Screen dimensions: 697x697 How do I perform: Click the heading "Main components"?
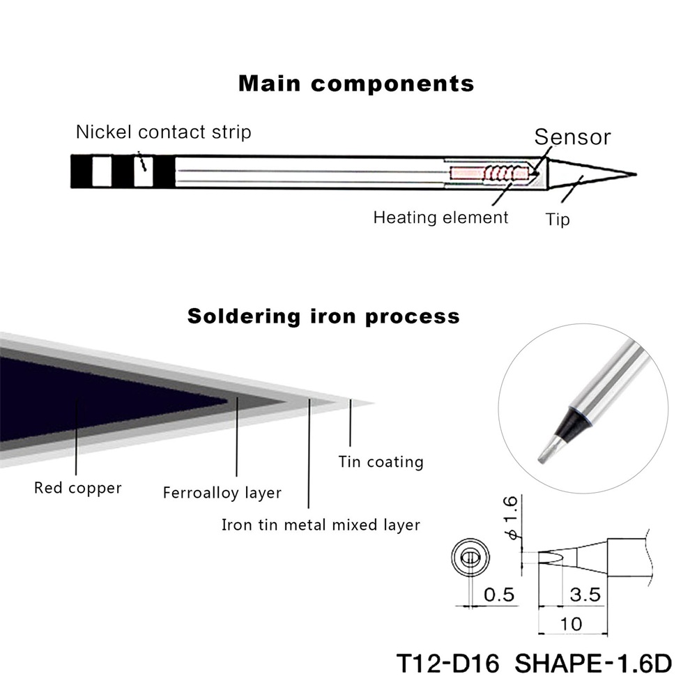(356, 84)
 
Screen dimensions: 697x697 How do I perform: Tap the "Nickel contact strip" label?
(163, 132)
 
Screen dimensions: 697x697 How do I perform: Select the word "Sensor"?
(572, 137)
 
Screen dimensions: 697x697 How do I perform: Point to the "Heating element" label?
(441, 217)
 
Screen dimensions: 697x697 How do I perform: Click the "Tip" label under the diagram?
(558, 220)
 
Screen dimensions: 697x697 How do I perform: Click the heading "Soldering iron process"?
(323, 316)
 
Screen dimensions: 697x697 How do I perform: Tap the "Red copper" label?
(77, 488)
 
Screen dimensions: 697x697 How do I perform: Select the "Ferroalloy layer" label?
(222, 493)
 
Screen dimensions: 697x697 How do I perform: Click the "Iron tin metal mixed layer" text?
(321, 525)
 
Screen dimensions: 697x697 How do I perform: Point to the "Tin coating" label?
(381, 461)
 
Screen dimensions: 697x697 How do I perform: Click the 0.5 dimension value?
(498, 595)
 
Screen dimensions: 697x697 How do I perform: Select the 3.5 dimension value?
(585, 595)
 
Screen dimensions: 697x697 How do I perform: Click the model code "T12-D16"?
(447, 663)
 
